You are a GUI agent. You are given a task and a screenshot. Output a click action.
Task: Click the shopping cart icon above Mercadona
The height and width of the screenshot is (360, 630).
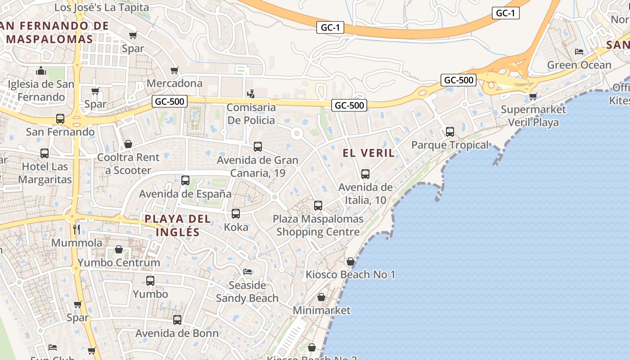coord(175,70)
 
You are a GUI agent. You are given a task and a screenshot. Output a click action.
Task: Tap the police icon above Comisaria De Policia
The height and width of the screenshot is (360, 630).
coord(251,94)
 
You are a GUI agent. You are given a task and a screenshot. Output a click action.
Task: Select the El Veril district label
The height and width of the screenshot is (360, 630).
coord(369,153)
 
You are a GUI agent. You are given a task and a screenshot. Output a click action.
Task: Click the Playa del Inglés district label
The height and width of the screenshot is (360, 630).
coord(178,225)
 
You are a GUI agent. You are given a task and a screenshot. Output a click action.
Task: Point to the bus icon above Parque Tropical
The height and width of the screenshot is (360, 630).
coord(450,132)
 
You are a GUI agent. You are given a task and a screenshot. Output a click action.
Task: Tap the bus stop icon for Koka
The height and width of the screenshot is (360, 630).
coord(236,214)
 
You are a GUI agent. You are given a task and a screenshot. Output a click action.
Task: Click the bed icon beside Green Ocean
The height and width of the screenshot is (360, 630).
coord(579,52)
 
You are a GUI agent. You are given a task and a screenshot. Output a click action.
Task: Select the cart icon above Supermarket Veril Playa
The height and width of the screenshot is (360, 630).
coord(533,96)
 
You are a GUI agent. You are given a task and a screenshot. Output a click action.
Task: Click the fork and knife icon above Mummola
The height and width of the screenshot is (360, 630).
coord(76,230)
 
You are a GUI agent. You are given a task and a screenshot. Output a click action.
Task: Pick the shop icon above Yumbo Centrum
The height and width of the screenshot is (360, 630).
coord(119,249)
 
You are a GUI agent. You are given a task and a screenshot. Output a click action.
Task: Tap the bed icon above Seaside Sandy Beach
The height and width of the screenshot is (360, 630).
coord(247,272)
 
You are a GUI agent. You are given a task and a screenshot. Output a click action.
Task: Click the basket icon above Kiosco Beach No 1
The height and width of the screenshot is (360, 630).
coord(351,261)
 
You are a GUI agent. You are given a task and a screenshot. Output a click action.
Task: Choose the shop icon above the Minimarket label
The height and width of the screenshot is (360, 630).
coord(321,297)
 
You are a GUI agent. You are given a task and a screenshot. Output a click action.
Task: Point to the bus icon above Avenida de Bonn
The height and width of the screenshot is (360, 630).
coord(177,320)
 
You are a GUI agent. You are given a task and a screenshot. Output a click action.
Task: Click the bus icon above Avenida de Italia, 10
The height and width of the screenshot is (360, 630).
coord(365,174)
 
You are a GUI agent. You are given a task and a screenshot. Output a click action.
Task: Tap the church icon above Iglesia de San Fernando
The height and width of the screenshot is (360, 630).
coord(41,71)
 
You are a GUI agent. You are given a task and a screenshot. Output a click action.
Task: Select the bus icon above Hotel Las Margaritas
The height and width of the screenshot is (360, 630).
coord(45,153)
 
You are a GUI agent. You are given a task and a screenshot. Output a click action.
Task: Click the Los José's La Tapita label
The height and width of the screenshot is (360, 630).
coord(102,8)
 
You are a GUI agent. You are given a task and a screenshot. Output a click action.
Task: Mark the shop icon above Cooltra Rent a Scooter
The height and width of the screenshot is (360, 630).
coord(128,144)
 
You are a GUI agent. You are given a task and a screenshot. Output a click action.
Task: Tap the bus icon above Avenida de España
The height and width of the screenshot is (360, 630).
coord(185,180)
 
